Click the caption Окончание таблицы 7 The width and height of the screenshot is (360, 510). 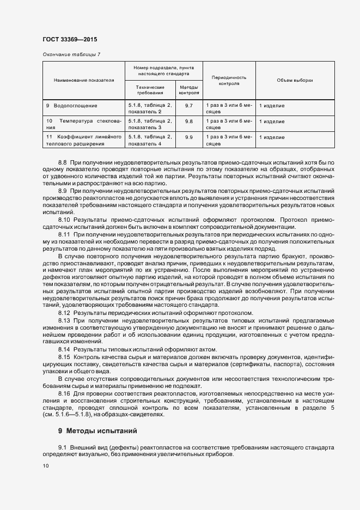pyautogui.click(x=71, y=54)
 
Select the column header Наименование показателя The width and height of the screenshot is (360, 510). pyautogui.click(x=84, y=80)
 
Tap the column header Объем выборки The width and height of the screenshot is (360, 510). pyautogui.click(x=295, y=80)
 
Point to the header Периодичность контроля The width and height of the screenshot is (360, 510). pyautogui.click(x=229, y=81)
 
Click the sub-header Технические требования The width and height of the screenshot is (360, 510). pyautogui.click(x=150, y=90)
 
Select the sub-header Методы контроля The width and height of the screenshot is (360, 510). pyautogui.click(x=188, y=90)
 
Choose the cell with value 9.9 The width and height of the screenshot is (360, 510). pyautogui.click(x=189, y=137)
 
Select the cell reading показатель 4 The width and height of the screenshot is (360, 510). pyautogui.click(x=145, y=143)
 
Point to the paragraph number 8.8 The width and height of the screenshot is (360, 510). pyautogui.click(x=62, y=163)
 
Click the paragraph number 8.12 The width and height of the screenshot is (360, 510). pyautogui.click(x=64, y=313)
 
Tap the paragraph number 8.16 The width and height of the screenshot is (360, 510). pyautogui.click(x=64, y=393)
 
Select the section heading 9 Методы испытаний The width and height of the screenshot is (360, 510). pyautogui.click(x=97, y=431)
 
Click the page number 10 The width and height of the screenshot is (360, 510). pyautogui.click(x=45, y=466)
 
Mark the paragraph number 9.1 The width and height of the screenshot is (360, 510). pyautogui.click(x=62, y=447)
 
